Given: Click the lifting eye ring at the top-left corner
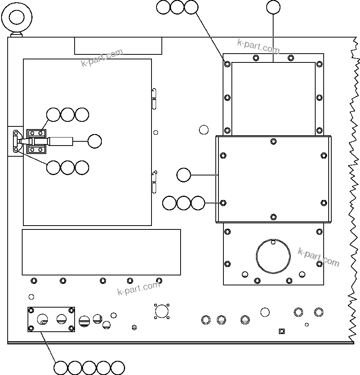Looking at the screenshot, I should pyautogui.click(x=16, y=17).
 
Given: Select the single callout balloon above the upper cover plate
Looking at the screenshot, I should pyautogui.click(x=273, y=7).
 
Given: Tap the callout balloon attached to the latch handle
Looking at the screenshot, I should pyautogui.click(x=94, y=141).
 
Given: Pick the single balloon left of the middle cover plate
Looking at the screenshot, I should pyautogui.click(x=184, y=175).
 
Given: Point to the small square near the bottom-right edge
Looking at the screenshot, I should pyautogui.click(x=282, y=331).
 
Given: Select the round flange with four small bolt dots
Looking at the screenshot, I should pyautogui.click(x=162, y=311).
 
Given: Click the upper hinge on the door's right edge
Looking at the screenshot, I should pyautogui.click(x=154, y=98).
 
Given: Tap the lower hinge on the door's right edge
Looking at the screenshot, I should pyautogui.click(x=154, y=182).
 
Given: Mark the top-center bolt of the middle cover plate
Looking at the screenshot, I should pyautogui.click(x=273, y=141).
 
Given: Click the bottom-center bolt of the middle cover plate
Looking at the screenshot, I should pyautogui.click(x=273, y=217).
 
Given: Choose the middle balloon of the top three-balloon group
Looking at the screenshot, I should pyautogui.click(x=177, y=7).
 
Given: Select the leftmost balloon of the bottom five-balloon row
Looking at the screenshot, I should pyautogui.click(x=60, y=368).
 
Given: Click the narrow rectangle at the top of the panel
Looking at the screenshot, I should pyautogui.click(x=118, y=46).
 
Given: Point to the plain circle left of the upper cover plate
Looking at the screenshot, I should pyautogui.click(x=204, y=129).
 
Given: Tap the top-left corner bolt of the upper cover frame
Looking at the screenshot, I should pyautogui.click(x=227, y=64).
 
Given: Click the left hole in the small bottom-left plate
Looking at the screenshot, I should pyautogui.click(x=43, y=319).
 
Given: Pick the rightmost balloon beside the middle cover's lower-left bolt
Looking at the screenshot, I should pyautogui.click(x=198, y=203).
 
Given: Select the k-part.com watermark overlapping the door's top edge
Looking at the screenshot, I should pyautogui.click(x=102, y=57).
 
